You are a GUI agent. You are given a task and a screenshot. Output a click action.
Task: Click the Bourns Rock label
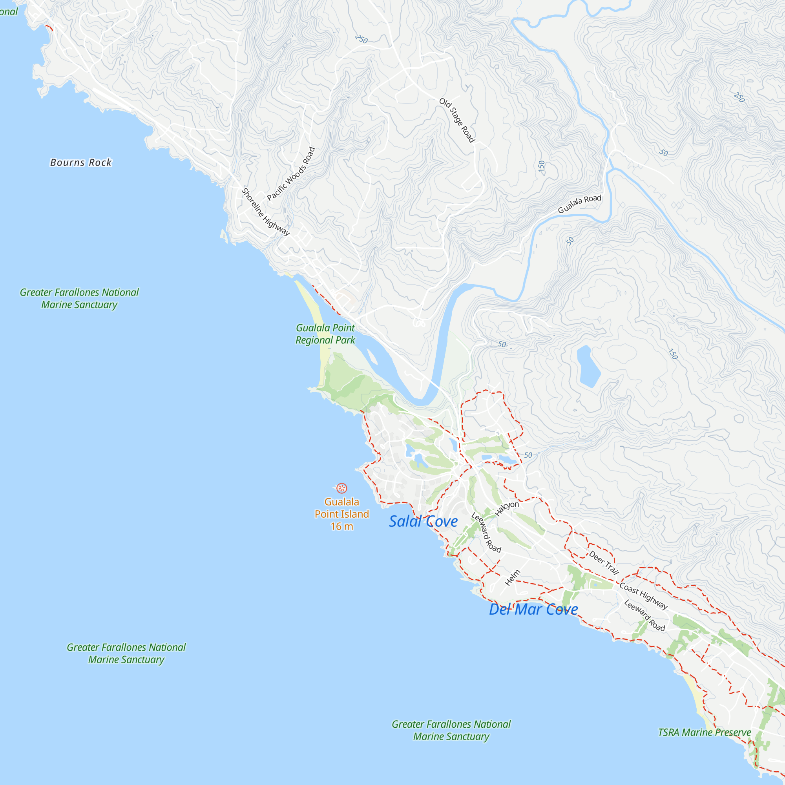(80, 162)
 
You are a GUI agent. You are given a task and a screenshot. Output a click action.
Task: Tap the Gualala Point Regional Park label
(325, 334)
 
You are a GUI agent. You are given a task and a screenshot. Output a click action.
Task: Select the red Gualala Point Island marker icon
(342, 488)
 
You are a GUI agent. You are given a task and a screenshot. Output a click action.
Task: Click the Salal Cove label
(423, 521)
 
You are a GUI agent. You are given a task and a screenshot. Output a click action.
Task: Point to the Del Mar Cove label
(533, 610)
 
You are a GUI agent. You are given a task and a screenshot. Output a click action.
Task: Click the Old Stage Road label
(457, 120)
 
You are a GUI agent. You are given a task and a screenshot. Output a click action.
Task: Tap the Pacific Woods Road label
(291, 174)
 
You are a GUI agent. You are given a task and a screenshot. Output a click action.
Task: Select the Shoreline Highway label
(265, 212)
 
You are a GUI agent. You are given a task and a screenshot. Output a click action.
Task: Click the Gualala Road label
(579, 204)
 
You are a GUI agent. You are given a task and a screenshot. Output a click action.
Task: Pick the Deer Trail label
(604, 563)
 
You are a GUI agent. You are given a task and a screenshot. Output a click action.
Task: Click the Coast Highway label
(643, 596)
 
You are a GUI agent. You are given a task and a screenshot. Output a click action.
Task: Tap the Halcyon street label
(507, 508)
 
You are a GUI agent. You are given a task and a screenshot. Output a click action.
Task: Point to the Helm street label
(512, 578)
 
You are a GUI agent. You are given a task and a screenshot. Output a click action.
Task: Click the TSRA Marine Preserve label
(704, 732)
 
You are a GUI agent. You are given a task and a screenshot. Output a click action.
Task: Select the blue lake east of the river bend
(588, 366)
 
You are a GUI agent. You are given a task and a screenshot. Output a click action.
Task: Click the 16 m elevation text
(342, 527)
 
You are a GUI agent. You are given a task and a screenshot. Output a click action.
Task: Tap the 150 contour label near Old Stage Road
(541, 166)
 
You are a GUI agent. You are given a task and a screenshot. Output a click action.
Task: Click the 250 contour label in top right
(739, 97)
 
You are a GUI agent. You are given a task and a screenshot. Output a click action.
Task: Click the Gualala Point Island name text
(342, 508)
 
